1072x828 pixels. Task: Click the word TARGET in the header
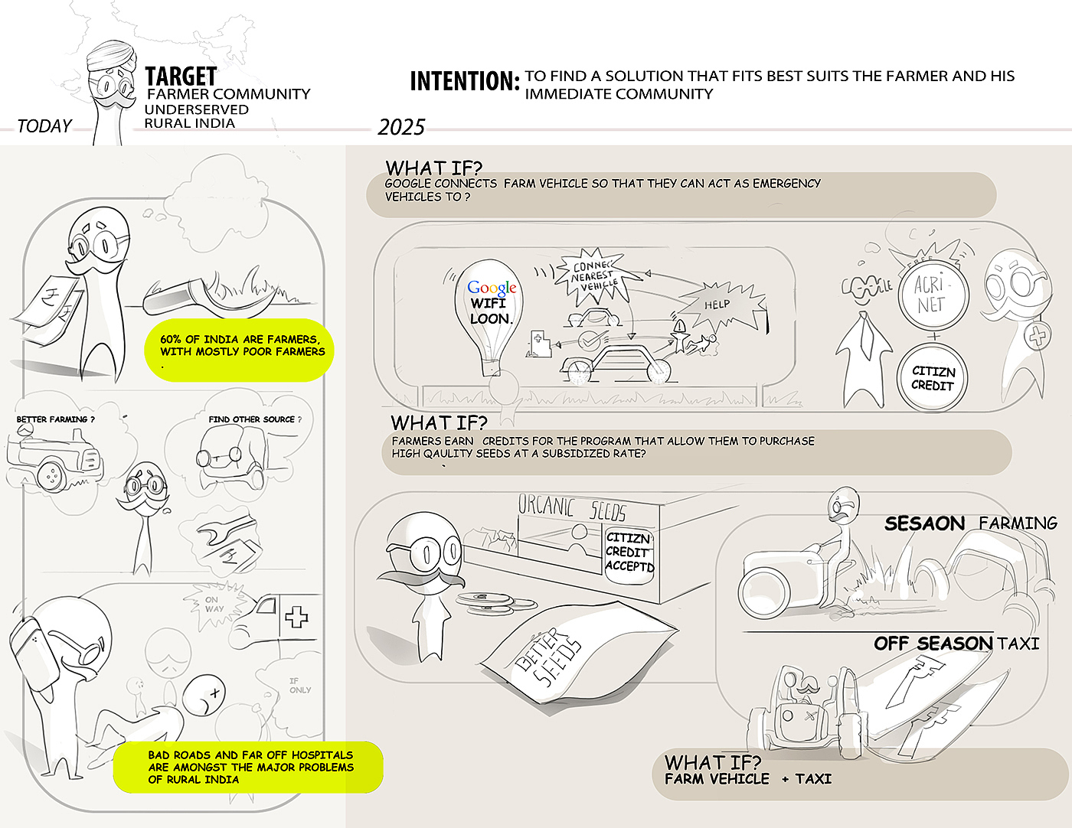click(181, 77)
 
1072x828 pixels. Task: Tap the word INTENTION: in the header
click(464, 81)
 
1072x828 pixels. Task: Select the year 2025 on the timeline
click(400, 127)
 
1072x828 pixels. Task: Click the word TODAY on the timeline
click(44, 126)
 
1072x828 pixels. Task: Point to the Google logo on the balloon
click(492, 288)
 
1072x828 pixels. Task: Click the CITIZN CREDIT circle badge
click(932, 378)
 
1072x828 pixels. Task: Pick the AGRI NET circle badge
click(931, 295)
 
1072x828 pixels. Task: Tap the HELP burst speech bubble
click(717, 305)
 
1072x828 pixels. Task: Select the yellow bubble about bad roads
click(249, 767)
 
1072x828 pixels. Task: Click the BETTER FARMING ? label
click(55, 419)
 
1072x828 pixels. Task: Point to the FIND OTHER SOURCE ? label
click(254, 419)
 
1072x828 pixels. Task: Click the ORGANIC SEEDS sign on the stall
click(571, 507)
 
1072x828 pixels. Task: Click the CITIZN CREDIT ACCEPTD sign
click(629, 552)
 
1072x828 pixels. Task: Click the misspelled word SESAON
click(924, 524)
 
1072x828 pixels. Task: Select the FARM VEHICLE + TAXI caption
click(747, 779)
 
